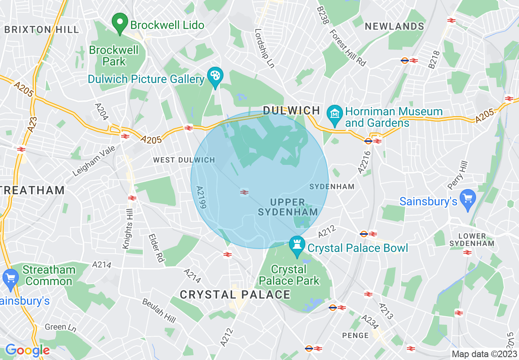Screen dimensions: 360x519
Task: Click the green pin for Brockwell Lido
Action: click(x=120, y=24)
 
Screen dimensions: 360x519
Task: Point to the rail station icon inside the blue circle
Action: click(x=244, y=192)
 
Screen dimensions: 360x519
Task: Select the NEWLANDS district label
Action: click(x=394, y=27)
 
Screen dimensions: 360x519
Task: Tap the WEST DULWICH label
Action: click(x=184, y=160)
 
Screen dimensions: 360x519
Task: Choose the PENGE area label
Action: click(x=355, y=335)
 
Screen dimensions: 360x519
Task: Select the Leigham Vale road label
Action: click(x=89, y=162)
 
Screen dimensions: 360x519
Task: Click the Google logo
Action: click(x=27, y=350)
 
